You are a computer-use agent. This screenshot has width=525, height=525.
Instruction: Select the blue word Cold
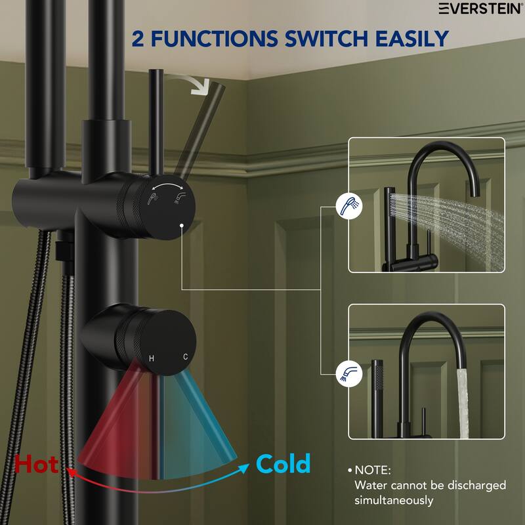pos(283,464)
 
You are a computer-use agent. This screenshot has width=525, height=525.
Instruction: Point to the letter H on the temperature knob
pos(152,358)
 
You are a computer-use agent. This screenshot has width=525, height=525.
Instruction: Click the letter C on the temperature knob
pos(186,357)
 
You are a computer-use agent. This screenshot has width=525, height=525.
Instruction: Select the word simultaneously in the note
pos(394,500)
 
